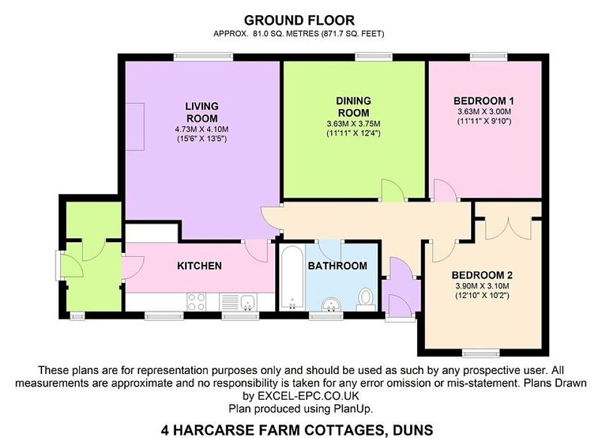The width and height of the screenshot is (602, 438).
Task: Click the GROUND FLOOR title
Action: tap(299, 20)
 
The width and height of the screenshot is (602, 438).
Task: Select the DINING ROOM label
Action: tap(353, 107)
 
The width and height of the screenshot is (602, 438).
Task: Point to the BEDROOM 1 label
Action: tap(483, 101)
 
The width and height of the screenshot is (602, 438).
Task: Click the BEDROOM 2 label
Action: tap(482, 275)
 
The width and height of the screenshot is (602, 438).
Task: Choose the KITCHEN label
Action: tap(199, 266)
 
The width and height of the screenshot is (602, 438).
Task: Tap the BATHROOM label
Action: tap(337, 266)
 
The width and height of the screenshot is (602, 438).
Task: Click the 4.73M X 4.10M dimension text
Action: tap(201, 129)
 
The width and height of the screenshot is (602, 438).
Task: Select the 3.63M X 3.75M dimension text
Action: tap(353, 124)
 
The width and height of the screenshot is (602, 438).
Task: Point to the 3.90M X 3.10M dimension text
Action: tap(482, 286)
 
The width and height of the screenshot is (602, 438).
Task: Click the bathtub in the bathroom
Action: tap(292, 277)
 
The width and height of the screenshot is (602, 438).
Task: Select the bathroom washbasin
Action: tap(330, 304)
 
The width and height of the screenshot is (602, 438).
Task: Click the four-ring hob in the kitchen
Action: tap(196, 302)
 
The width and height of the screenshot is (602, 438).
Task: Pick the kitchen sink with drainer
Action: tap(239, 302)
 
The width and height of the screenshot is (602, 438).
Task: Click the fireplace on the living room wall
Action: tap(135, 126)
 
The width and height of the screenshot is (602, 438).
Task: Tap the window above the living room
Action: tap(203, 57)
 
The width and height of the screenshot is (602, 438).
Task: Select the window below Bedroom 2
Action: tap(481, 353)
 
